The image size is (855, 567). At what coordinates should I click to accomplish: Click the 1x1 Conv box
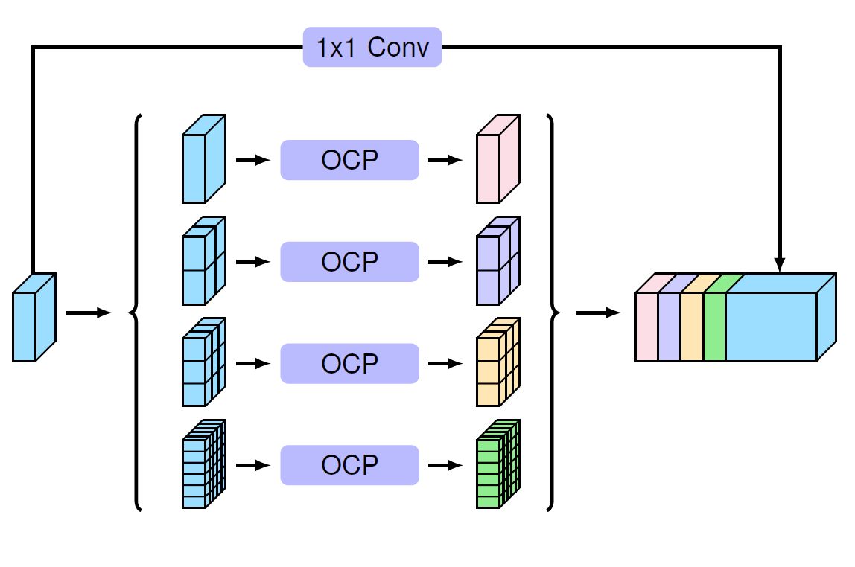372,48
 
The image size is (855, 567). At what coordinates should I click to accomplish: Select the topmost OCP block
349,160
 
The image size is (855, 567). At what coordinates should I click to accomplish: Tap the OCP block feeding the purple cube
349,262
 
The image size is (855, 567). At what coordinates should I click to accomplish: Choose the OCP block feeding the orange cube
349,364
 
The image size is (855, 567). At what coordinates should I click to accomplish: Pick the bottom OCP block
349,465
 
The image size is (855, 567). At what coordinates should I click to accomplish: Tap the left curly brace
136,313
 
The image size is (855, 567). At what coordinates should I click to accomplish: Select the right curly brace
551,313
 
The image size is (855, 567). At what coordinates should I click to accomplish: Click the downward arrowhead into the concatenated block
780,265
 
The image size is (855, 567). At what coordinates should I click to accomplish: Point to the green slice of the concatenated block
715,326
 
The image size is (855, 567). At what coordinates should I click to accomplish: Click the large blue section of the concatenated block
772,326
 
